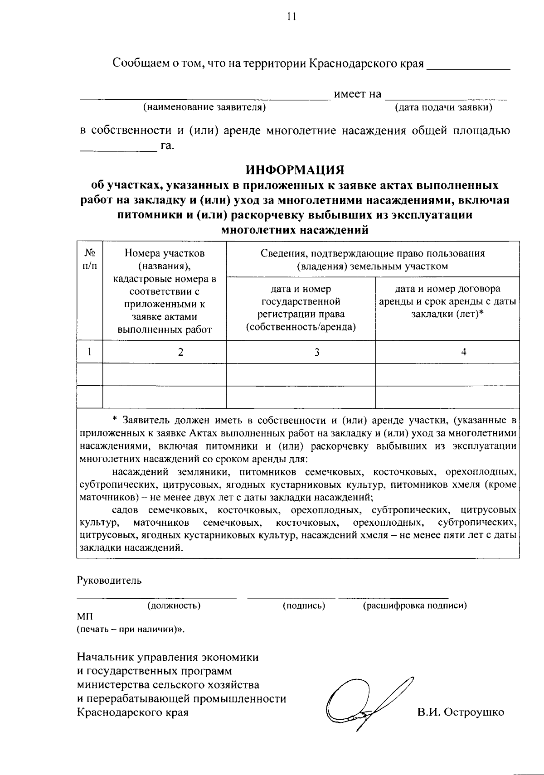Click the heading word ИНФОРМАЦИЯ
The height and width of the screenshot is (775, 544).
tap(295, 170)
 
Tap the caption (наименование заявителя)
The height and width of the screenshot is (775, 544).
tap(204, 107)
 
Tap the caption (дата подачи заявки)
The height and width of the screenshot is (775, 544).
tap(444, 107)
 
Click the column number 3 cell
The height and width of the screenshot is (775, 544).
tap(317, 352)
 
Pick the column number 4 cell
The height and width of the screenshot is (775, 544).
tap(464, 352)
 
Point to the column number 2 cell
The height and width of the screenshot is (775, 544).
tap(180, 352)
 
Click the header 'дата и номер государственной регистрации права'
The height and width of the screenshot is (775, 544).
tap(301, 308)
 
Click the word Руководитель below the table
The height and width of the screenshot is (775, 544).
tap(109, 580)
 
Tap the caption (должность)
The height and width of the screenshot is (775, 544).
tap(174, 605)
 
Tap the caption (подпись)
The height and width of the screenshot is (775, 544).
tap(304, 605)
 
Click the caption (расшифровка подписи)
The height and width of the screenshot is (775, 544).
tap(415, 605)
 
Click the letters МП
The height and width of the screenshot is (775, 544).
tap(85, 617)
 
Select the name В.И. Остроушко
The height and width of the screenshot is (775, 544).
tap(461, 712)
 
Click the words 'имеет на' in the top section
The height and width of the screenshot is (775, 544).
tap(358, 94)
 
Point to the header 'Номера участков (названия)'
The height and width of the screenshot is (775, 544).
tap(165, 259)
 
